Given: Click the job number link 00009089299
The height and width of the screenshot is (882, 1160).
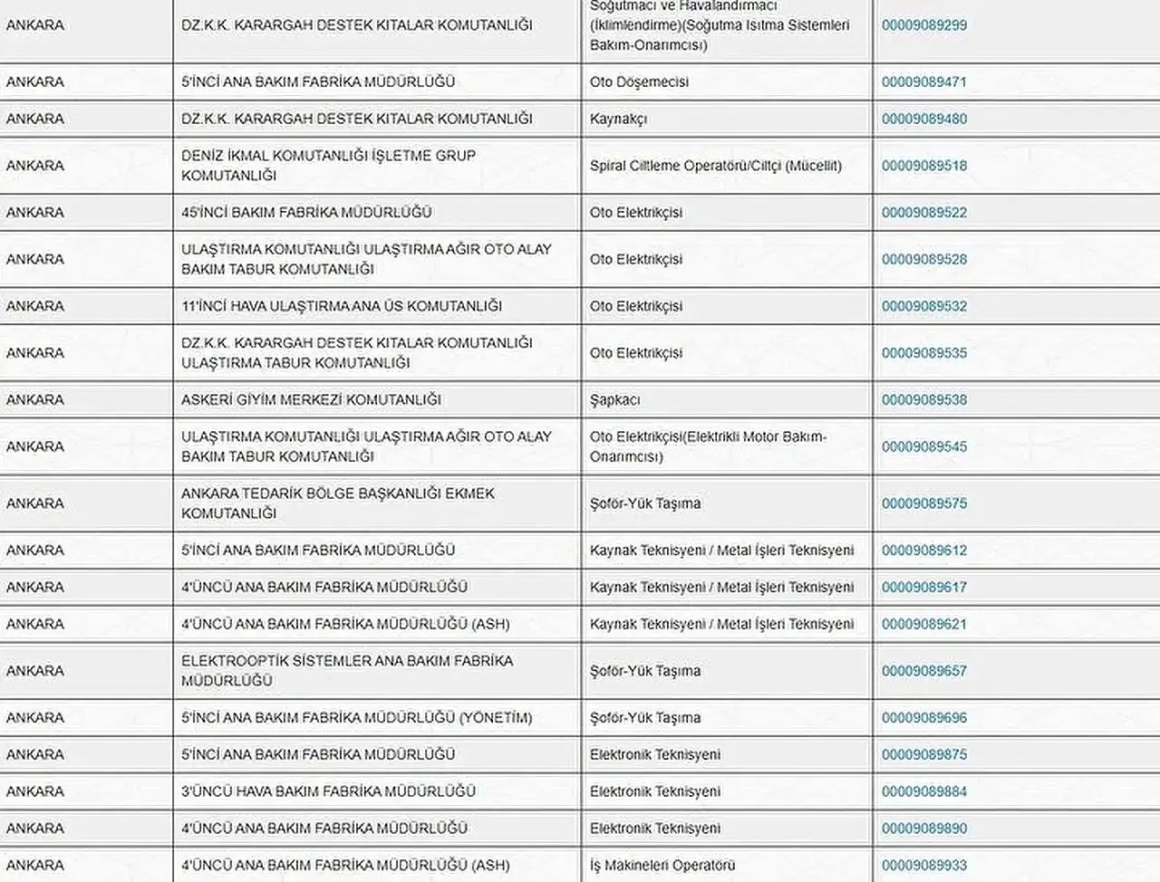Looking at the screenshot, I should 923,25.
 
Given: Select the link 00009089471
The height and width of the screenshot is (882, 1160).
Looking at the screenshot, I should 923,81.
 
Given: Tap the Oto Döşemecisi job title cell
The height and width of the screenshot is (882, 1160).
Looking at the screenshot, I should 639,81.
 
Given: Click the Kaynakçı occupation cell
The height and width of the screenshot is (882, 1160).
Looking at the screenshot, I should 618,119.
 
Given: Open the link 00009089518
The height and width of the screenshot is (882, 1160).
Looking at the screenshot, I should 923,166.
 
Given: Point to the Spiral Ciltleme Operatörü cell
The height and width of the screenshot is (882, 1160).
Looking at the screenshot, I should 715,166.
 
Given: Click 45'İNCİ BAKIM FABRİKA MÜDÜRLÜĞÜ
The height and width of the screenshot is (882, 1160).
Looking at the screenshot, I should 306,213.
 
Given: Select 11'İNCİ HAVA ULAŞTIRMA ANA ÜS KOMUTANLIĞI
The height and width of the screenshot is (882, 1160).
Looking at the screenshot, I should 341,306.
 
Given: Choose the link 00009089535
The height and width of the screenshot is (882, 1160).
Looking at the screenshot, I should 923,353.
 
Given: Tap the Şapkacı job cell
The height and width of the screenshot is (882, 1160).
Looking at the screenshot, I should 614,400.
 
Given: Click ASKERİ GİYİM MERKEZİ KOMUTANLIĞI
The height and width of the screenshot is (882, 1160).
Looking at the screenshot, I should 311,400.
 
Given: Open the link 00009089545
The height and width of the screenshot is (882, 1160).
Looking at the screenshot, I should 923,446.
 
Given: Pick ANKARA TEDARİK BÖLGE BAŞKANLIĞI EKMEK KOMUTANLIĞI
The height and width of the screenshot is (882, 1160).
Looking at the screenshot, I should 337,503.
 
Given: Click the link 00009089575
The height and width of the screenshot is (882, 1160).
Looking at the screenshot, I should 923,503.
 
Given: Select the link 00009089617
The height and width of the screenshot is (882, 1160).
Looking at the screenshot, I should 923,587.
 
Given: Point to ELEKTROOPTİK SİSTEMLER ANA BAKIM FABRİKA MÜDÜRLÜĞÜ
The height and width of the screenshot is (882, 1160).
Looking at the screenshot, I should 346,671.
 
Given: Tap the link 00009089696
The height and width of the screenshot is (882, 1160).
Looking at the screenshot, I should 923,718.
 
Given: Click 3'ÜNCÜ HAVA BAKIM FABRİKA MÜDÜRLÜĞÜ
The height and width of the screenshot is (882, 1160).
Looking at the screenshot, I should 328,791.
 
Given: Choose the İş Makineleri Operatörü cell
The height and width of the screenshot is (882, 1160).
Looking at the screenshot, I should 662,866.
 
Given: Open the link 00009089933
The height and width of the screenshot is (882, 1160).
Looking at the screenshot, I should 923,866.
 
